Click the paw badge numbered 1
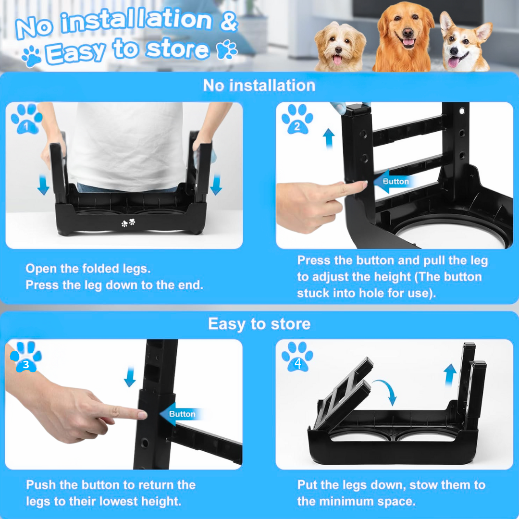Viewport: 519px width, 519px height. tap(26, 119)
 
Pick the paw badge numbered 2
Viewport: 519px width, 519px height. tap(297, 119)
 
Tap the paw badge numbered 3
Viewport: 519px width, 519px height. tap(26, 357)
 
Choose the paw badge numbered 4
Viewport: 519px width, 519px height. tap(297, 357)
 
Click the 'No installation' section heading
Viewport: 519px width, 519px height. tap(259, 86)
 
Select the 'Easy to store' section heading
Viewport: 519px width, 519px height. tap(259, 324)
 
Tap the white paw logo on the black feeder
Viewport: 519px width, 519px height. tap(128, 223)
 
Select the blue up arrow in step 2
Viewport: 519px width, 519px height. tap(329, 138)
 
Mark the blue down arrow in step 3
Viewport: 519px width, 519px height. tap(130, 377)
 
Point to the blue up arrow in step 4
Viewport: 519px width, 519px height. tap(450, 373)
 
